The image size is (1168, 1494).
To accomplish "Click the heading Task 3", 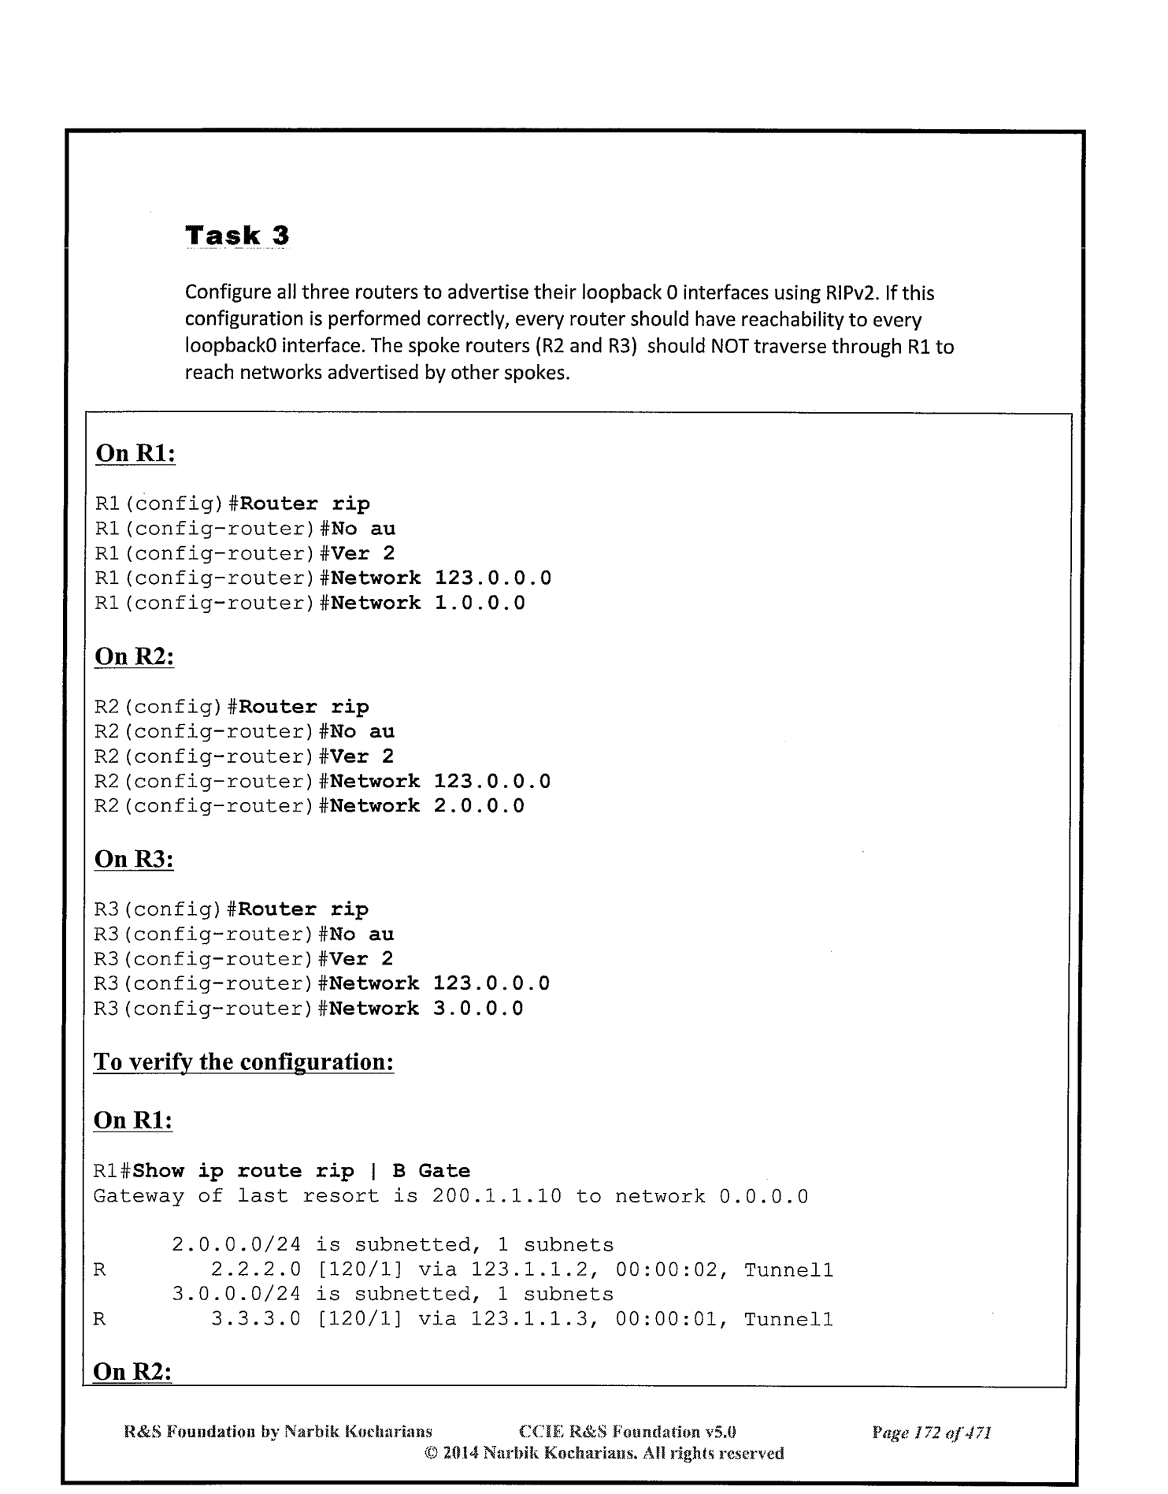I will [237, 235].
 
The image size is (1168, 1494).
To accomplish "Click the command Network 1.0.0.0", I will [428, 604].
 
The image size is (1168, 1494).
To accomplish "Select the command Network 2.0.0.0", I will [427, 806].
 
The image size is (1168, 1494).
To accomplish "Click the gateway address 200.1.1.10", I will [497, 1196].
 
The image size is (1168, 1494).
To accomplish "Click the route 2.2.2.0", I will [256, 1270].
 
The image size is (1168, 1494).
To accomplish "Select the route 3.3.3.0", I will [256, 1319].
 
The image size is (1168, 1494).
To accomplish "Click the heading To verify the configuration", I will [243, 1062].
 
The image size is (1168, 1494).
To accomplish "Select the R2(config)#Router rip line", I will [232, 707].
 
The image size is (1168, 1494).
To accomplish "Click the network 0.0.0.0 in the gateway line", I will [764, 1196].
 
